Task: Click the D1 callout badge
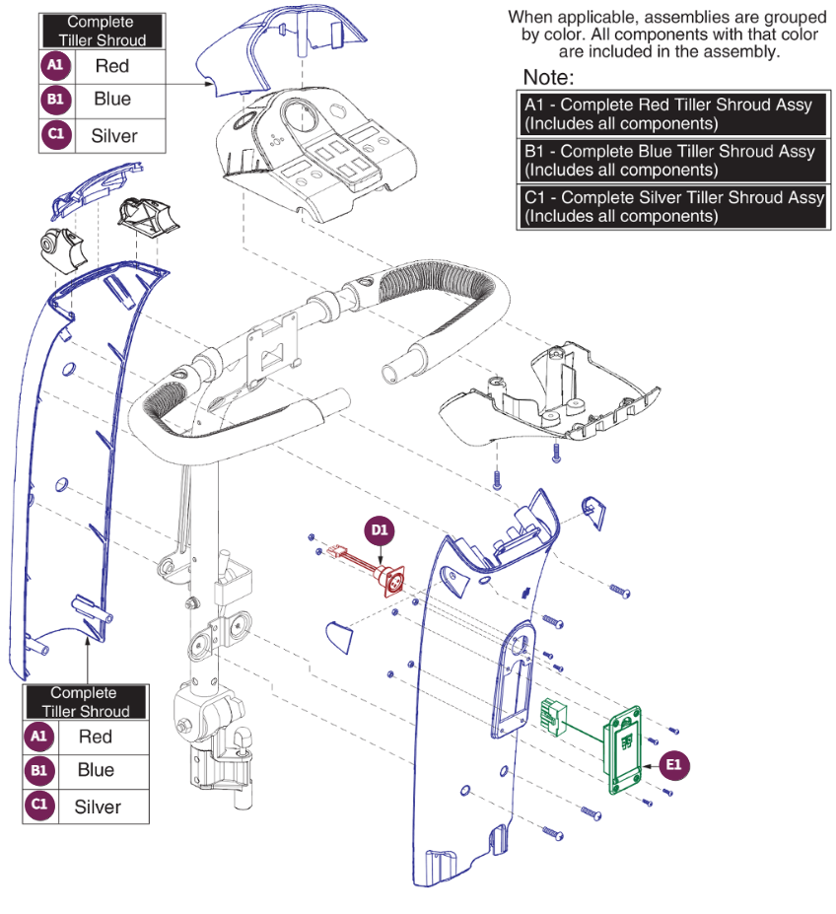(x=380, y=530)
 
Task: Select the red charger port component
(x=390, y=584)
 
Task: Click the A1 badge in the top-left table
(x=55, y=67)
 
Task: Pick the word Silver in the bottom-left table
(x=98, y=807)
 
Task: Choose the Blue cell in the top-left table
(x=112, y=100)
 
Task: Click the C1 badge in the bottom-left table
(x=38, y=805)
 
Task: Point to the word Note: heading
(x=548, y=78)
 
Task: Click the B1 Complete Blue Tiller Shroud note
(x=671, y=161)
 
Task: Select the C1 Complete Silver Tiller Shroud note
(x=671, y=207)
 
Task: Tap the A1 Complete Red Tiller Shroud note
(x=671, y=114)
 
